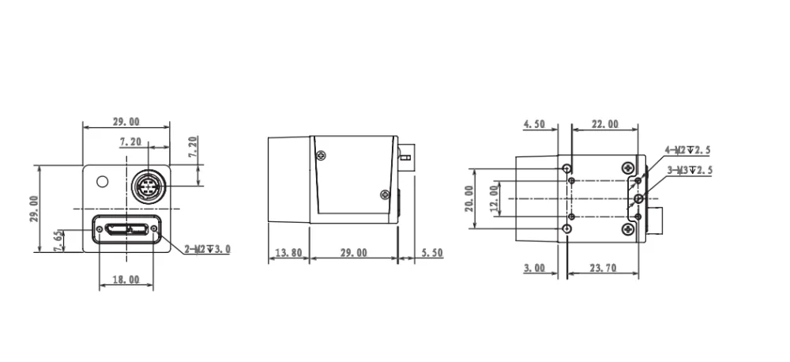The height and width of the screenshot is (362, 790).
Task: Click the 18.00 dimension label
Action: pyautogui.click(x=126, y=279)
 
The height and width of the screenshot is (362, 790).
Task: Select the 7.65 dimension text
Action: pyautogui.click(x=59, y=241)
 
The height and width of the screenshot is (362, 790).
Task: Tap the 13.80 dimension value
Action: pyautogui.click(x=288, y=253)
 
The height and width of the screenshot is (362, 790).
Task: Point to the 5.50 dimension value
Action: pyautogui.click(x=432, y=253)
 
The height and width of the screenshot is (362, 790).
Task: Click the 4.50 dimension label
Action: pyautogui.click(x=534, y=124)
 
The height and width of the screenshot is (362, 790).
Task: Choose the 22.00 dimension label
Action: pyautogui.click(x=604, y=124)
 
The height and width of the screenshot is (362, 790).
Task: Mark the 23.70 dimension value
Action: pyautogui.click(x=603, y=268)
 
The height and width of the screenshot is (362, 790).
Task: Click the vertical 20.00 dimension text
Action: pyautogui.click(x=469, y=198)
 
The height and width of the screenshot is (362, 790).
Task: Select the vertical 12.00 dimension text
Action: pyautogui.click(x=495, y=198)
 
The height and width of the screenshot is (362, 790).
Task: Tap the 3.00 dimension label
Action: pyautogui.click(x=534, y=268)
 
